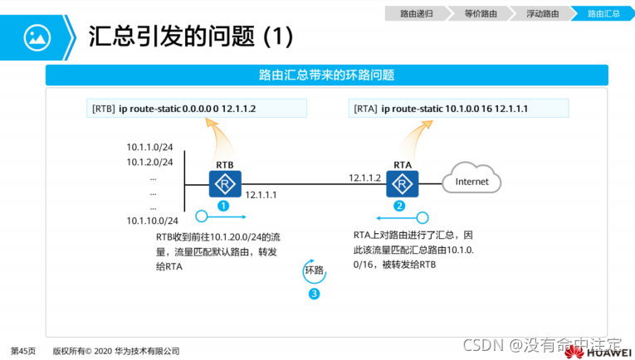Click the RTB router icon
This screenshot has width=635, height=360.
(x=224, y=183)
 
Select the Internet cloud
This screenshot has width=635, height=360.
(x=472, y=181)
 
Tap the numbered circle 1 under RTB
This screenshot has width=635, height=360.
(x=222, y=205)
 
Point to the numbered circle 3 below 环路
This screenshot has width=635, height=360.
(x=314, y=294)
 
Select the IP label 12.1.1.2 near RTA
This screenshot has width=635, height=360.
(x=366, y=178)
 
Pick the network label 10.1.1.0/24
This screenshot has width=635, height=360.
(x=149, y=147)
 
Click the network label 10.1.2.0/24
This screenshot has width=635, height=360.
(x=149, y=161)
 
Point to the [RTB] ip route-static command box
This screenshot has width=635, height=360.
(x=196, y=109)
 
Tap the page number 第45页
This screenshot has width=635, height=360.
(x=23, y=351)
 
